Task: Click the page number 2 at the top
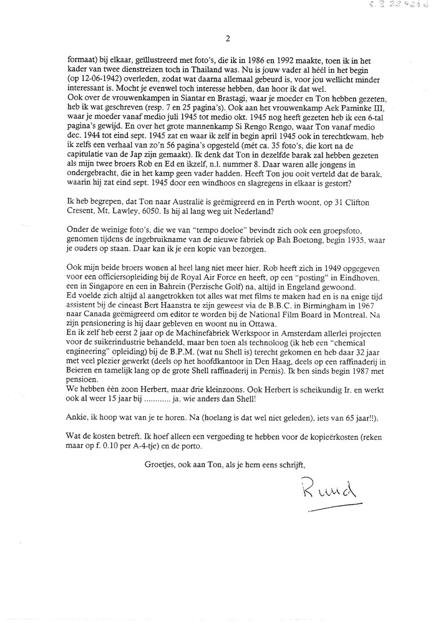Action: pos(228,39)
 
